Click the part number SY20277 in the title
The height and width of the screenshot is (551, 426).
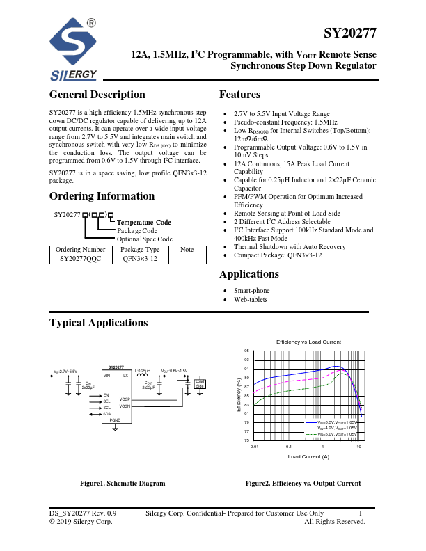[x=350, y=33]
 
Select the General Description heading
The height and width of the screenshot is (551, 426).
[x=97, y=95]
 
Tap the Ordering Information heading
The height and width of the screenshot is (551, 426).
[x=102, y=196]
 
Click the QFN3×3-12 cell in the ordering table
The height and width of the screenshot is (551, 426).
[x=141, y=258]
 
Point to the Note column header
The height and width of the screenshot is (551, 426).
[x=187, y=249]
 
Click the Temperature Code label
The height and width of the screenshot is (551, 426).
[x=143, y=223]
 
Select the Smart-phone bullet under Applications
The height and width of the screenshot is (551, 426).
[x=251, y=291]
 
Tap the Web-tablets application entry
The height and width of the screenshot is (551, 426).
[x=251, y=299]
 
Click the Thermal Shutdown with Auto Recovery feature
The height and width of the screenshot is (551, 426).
[x=290, y=247]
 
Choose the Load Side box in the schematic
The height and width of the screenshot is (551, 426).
[x=200, y=383]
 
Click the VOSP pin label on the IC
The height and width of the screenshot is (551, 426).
[x=125, y=399]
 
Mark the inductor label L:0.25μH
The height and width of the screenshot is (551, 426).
[x=142, y=371]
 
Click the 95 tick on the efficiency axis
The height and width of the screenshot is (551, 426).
[x=246, y=351]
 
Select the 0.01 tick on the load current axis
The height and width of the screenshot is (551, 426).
[x=255, y=447]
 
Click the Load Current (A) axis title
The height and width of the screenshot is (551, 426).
[x=308, y=456]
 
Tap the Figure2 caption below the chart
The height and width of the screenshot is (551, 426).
[x=303, y=484]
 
